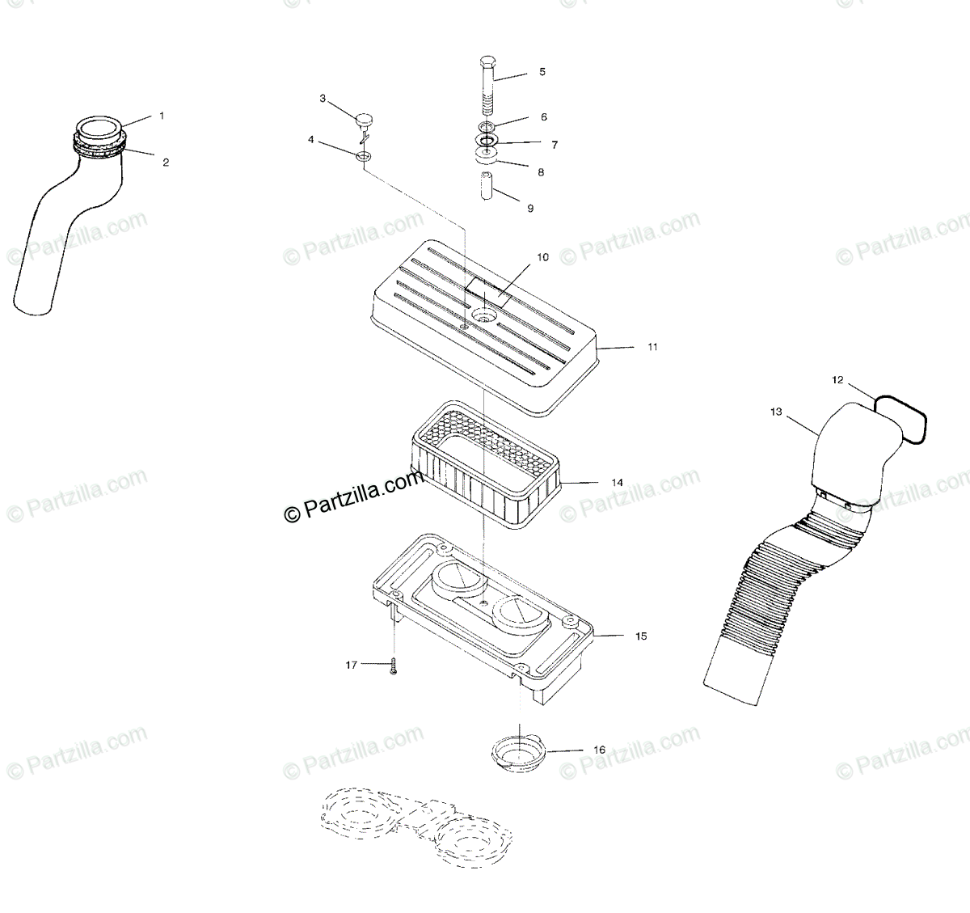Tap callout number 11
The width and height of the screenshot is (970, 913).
tap(652, 347)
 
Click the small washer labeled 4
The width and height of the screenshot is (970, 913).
tap(363, 154)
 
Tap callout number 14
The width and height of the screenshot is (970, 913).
tap(617, 483)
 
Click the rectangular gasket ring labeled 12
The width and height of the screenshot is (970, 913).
tap(903, 416)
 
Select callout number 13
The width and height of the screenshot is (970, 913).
tap(776, 412)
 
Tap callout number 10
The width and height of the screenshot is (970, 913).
tap(542, 257)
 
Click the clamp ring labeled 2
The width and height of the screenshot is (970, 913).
tap(101, 146)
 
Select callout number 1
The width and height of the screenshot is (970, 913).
tap(161, 116)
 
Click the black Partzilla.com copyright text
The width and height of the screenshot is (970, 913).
tap(353, 498)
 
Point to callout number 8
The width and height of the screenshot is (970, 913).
tap(541, 172)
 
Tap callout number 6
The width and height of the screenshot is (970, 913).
tap(543, 117)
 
